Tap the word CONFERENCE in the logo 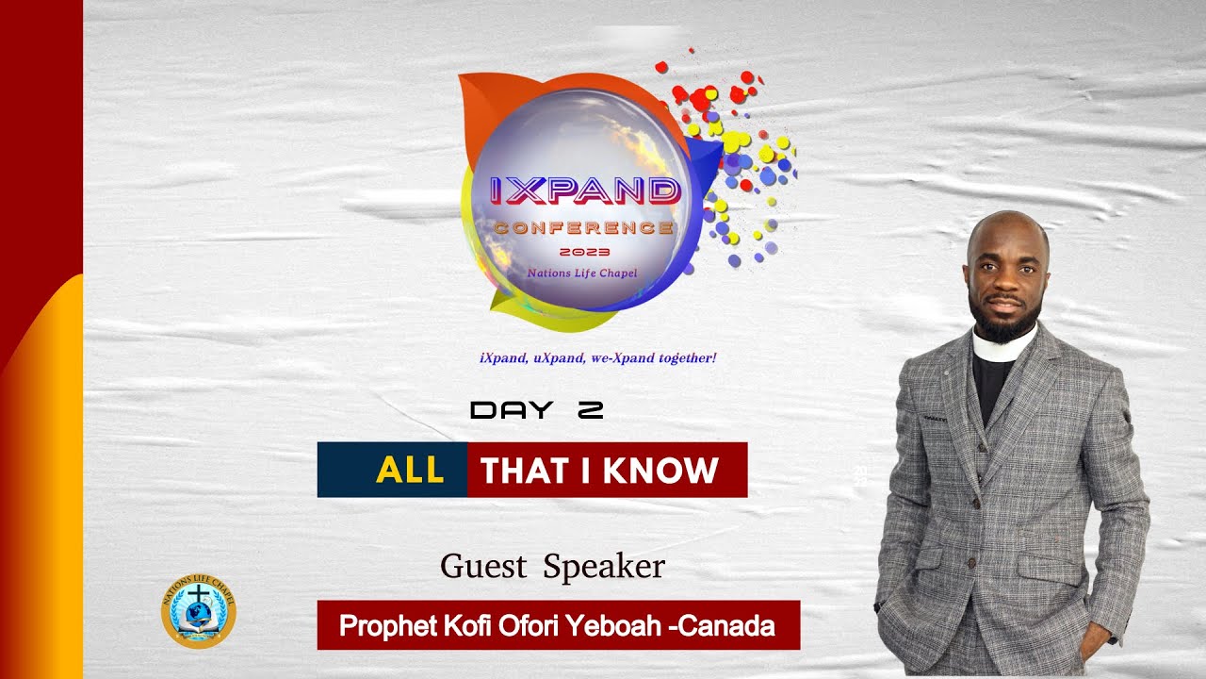pyautogui.click(x=584, y=228)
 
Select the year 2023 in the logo pyautogui.click(x=584, y=252)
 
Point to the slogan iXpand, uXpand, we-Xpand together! pyautogui.click(x=598, y=358)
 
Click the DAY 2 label pyautogui.click(x=536, y=410)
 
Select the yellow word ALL pyautogui.click(x=410, y=470)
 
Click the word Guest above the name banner pyautogui.click(x=482, y=566)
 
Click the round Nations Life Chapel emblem pyautogui.click(x=199, y=614)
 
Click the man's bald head pyautogui.click(x=1006, y=229)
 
